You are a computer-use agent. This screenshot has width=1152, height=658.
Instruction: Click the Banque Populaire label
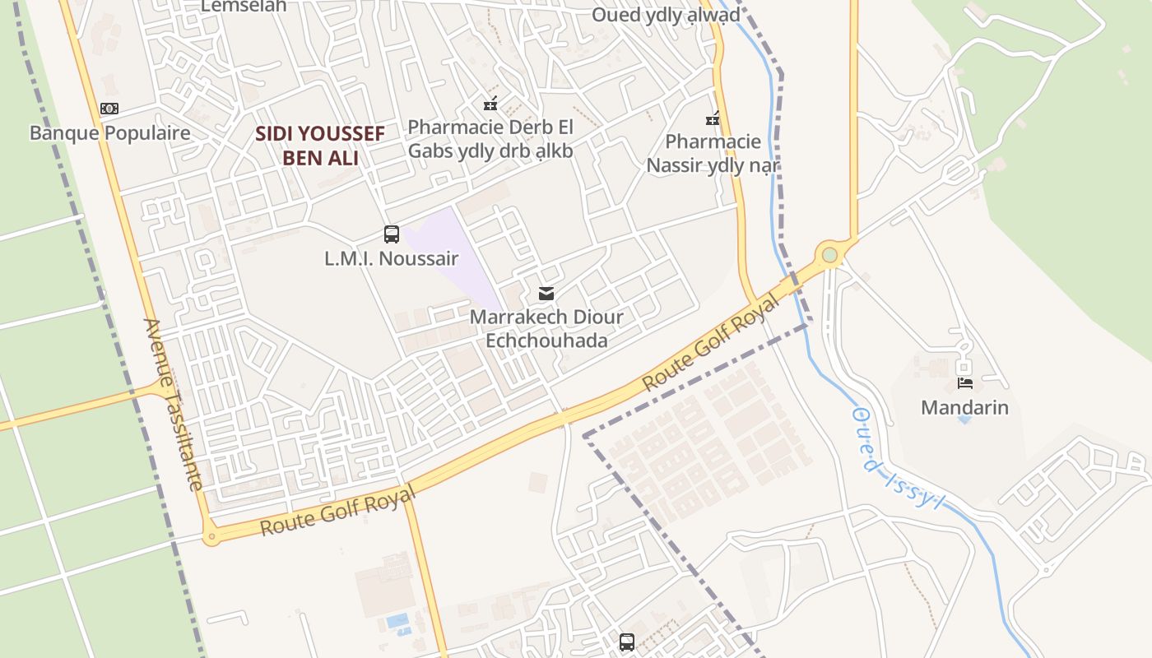pos(109,133)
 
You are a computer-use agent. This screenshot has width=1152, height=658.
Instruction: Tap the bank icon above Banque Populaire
pos(109,109)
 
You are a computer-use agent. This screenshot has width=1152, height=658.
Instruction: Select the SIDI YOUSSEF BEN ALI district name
pos(320,146)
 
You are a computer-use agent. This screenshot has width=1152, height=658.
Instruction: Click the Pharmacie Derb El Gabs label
pos(490,139)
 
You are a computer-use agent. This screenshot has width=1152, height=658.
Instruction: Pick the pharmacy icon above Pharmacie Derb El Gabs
pos(490,104)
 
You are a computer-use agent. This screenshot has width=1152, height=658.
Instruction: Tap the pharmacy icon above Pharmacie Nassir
pos(713,119)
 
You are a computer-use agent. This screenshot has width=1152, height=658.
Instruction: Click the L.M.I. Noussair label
pos(391,258)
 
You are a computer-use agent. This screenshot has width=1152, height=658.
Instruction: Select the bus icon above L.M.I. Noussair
pos(392,234)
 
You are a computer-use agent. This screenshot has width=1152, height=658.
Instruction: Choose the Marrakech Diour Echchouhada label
pos(546,328)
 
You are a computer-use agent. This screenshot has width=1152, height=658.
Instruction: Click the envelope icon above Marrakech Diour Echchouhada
pos(546,294)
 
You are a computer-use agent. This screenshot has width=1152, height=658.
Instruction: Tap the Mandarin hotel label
pos(964,407)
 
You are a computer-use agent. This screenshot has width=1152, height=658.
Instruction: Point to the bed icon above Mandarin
pos(965,383)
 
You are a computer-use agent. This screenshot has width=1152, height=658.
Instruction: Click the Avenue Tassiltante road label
pos(173,404)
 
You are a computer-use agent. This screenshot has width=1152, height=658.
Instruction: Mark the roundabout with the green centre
pos(829,255)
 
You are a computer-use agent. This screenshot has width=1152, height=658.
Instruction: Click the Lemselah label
pos(244,6)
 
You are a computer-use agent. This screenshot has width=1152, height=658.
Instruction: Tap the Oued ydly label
pos(666,16)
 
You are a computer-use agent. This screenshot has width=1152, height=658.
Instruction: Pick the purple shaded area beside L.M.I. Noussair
pos(448,247)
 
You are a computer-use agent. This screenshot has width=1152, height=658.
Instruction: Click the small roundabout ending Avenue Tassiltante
pos(211,538)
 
